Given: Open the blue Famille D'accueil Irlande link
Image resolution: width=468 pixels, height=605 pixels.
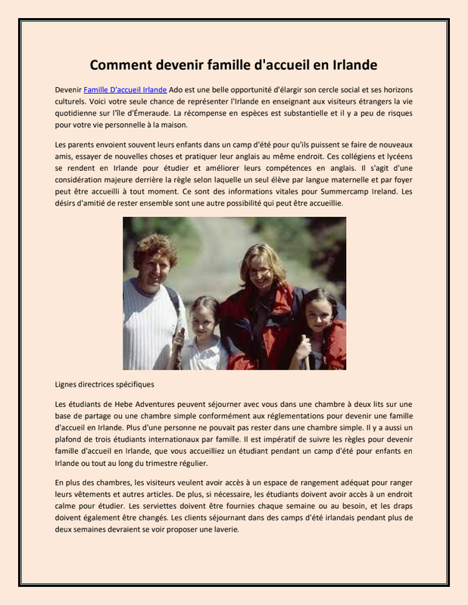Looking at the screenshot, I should (125, 89).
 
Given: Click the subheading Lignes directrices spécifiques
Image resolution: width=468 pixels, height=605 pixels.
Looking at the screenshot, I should (105, 384).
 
